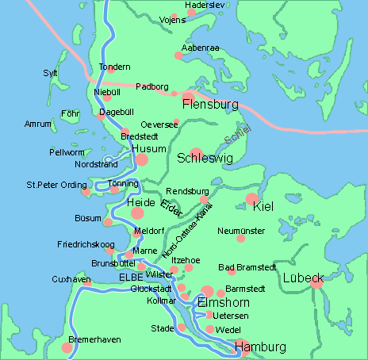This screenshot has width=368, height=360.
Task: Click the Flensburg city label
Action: click(x=210, y=104)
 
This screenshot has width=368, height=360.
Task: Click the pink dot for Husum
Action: click(x=142, y=160)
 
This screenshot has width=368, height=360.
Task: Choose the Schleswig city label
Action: click(x=204, y=158)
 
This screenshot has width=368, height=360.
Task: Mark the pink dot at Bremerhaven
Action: click(x=67, y=347)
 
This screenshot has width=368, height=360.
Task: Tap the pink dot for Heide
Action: click(x=137, y=213)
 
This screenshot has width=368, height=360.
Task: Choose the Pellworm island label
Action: click(x=68, y=151)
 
